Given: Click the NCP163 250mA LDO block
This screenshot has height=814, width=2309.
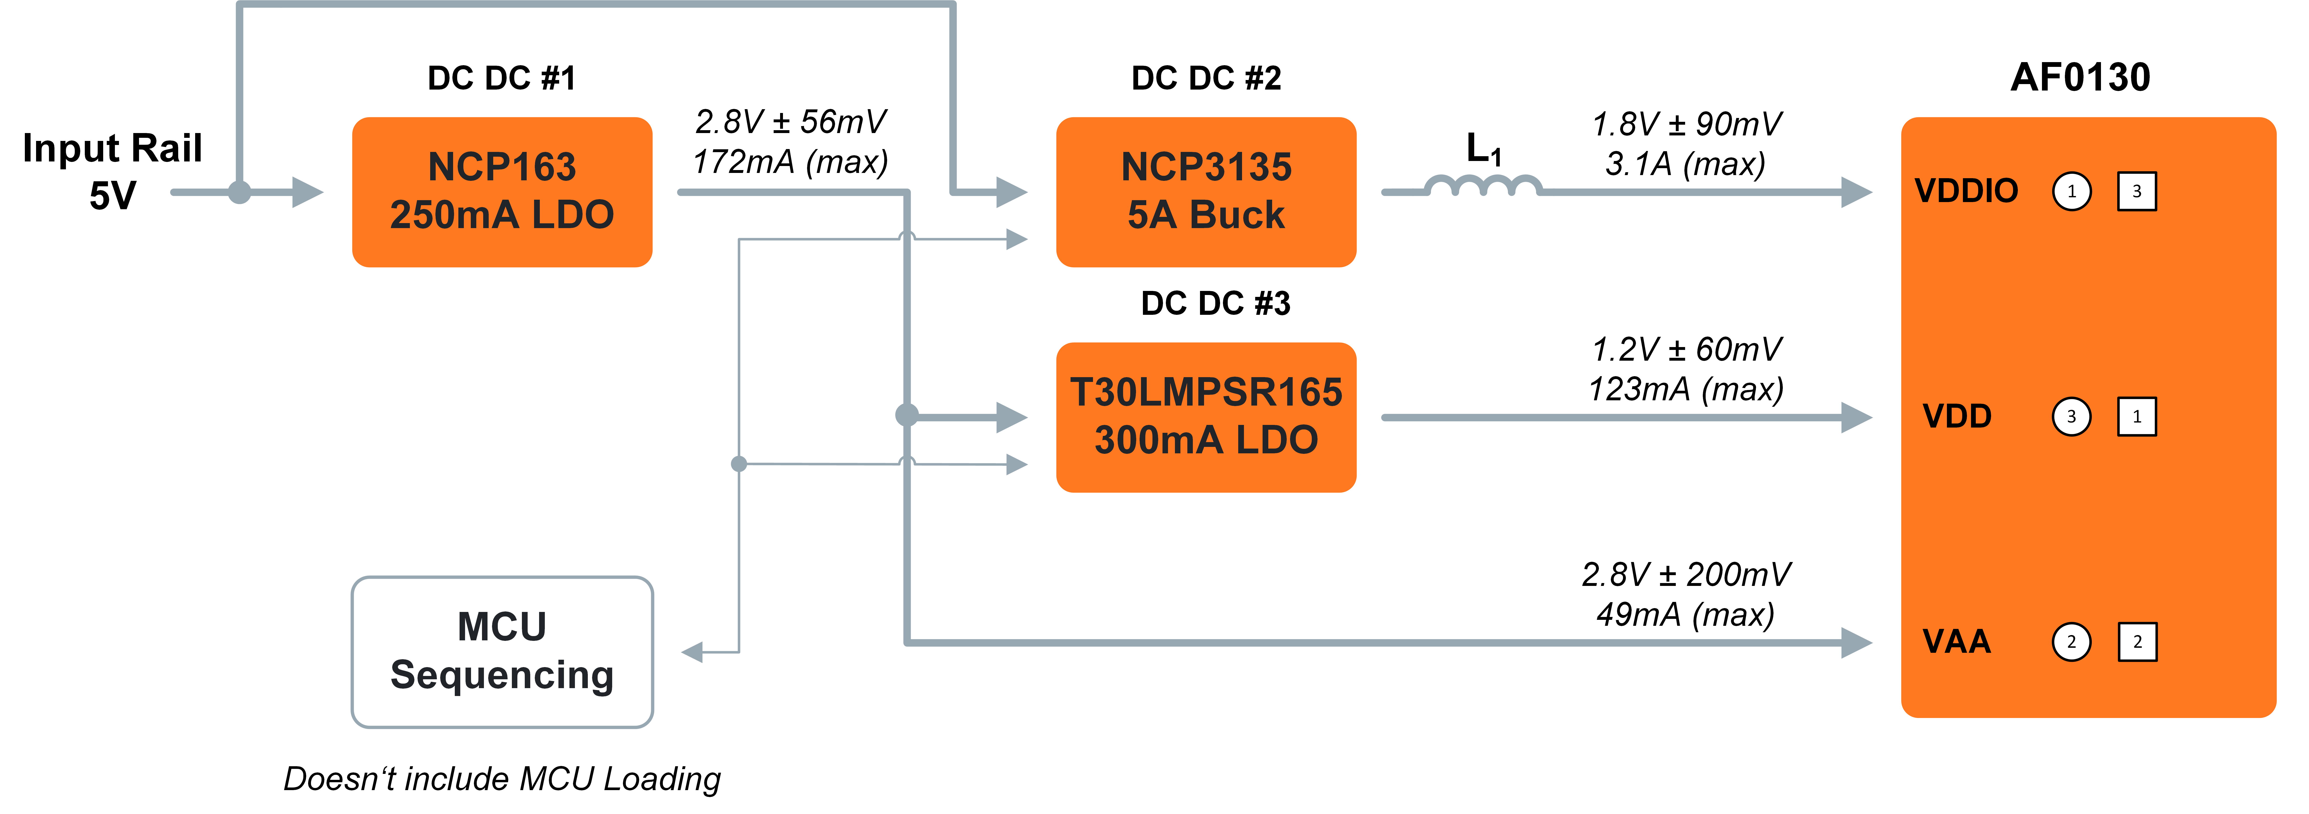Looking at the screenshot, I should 502,192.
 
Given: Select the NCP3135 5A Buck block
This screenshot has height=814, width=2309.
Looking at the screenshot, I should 1205,192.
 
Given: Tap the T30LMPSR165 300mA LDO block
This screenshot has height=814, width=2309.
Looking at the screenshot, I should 1205,417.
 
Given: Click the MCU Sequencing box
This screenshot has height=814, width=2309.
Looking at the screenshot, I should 502,652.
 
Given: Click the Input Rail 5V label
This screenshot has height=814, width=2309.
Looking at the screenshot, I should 112,170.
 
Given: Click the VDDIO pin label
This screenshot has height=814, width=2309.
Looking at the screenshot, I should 1966,191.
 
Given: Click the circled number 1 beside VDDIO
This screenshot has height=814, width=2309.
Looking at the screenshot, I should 2071,191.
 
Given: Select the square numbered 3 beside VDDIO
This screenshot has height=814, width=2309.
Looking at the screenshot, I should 2137,191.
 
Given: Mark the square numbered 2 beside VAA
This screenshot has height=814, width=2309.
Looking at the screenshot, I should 2137,642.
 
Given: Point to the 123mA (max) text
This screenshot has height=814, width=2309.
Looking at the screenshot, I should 1685,389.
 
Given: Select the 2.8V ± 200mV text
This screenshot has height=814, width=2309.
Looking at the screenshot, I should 1685,574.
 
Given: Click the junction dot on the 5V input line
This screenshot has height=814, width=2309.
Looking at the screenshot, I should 239,192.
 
